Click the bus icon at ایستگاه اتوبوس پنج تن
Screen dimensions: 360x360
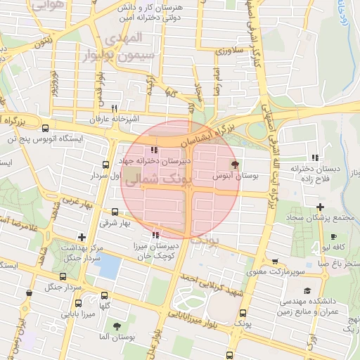click(46, 129)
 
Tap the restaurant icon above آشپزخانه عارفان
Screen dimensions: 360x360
click(114, 108)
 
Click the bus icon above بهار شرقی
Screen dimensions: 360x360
click(115, 212)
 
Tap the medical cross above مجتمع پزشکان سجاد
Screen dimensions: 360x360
click(320, 207)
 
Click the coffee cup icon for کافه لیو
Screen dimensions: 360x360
click(333, 236)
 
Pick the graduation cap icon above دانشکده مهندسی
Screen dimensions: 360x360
click(307, 290)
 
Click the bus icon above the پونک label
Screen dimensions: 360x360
click(243, 313)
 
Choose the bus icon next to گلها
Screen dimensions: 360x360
click(105, 296)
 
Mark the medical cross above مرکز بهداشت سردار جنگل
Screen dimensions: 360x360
click(83, 237)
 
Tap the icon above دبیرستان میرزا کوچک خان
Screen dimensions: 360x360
click(155, 236)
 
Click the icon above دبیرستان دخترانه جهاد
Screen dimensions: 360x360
click(154, 149)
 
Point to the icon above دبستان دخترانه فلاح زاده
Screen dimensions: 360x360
click(315, 157)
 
